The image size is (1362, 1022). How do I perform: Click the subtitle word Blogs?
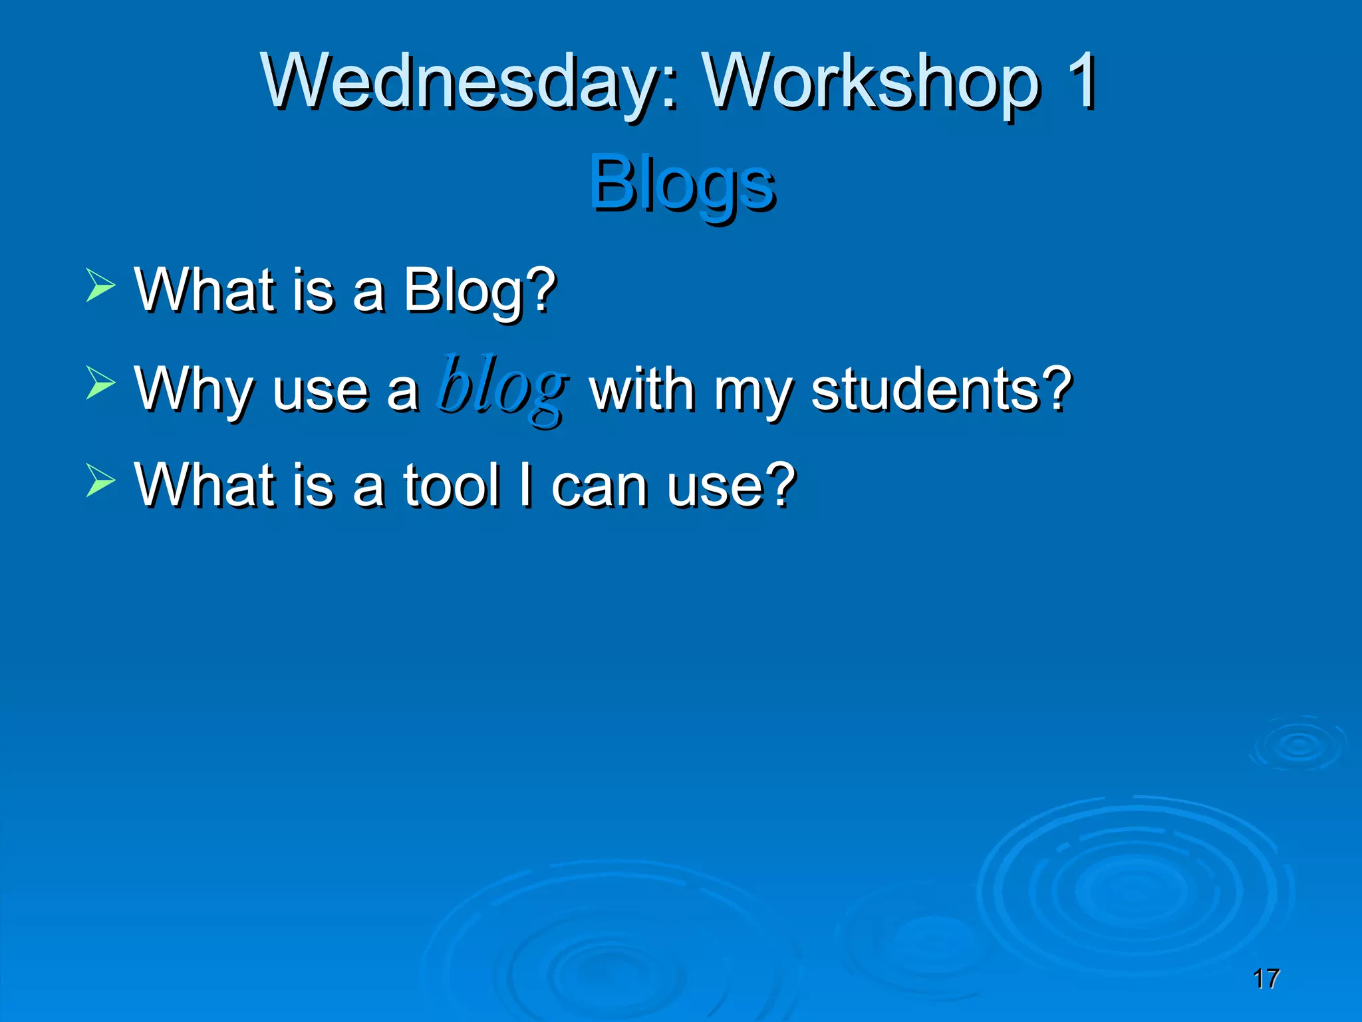point(682,184)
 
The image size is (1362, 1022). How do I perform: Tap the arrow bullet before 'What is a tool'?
point(100,480)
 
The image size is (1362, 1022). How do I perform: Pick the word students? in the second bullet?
point(942,389)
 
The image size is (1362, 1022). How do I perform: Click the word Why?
point(194,389)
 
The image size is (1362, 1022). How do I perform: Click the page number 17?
point(1266,979)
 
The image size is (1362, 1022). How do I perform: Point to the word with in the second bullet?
point(642,389)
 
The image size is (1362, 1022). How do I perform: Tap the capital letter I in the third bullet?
point(526,484)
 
